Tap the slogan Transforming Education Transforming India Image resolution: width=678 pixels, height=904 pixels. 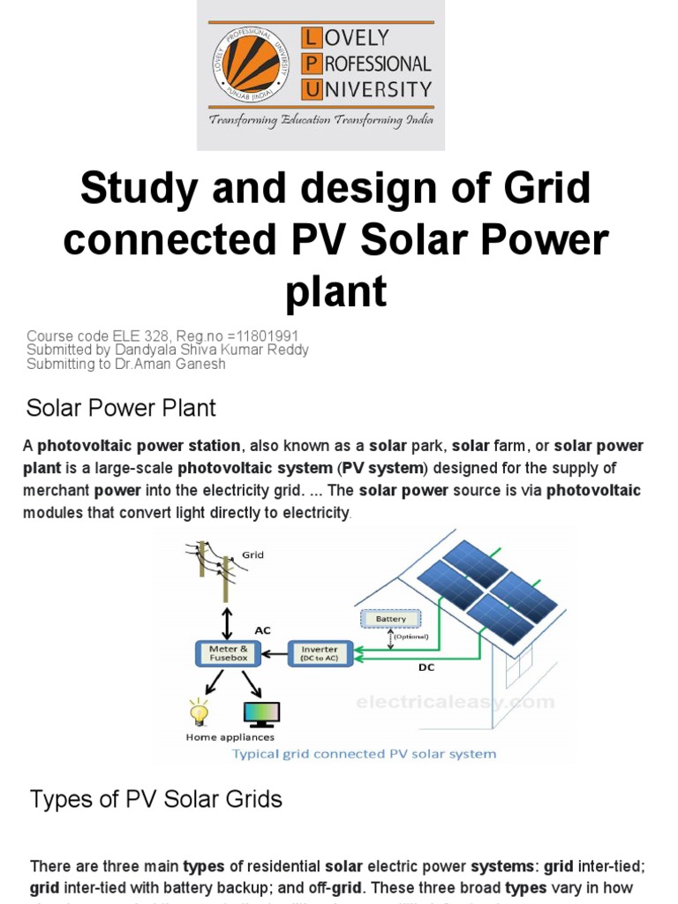click(320, 119)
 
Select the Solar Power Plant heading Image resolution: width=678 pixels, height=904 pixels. click(121, 409)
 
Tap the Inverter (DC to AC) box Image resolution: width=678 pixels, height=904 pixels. click(320, 654)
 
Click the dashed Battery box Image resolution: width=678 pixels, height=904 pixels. click(391, 619)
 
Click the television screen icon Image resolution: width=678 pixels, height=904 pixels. click(260, 712)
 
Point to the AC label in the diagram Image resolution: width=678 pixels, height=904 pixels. click(262, 630)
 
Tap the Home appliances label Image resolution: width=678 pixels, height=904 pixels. click(230, 737)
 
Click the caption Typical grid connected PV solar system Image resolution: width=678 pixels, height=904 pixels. click(364, 754)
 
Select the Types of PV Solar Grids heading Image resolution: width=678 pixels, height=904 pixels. click(156, 800)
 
